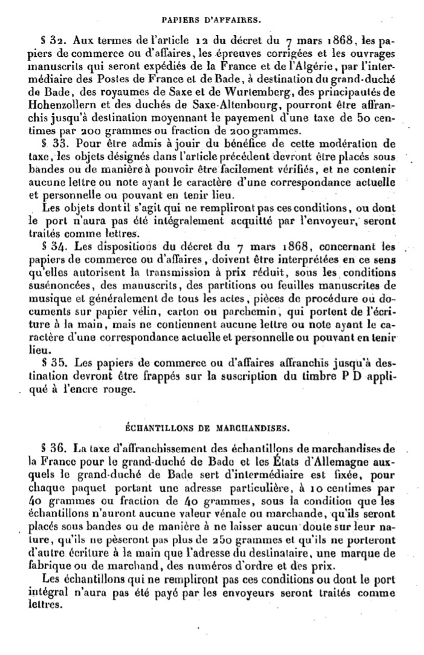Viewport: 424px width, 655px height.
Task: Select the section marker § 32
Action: tap(52, 41)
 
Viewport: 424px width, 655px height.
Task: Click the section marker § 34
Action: tap(52, 246)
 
